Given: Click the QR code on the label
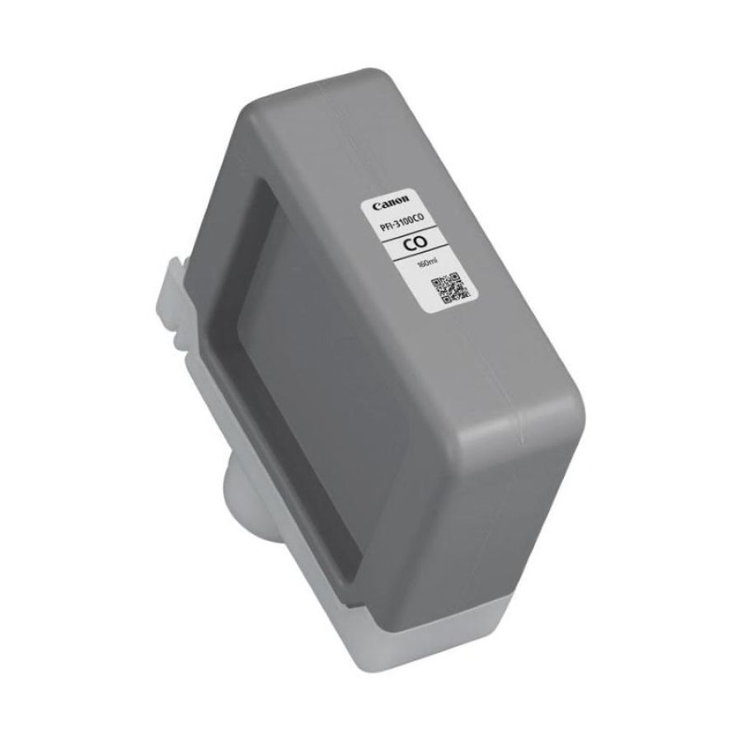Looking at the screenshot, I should (x=450, y=289).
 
